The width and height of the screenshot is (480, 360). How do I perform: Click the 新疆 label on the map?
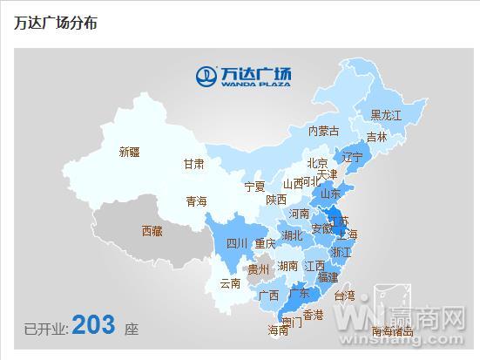click(129, 152)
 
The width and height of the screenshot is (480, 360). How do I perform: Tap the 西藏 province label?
click(152, 231)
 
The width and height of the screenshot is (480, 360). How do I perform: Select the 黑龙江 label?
click(386, 115)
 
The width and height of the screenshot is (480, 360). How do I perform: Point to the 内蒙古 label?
click(323, 132)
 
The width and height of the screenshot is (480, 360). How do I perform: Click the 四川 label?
click(237, 243)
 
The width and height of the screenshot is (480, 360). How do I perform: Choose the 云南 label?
click(230, 283)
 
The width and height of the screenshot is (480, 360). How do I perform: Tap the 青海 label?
click(196, 201)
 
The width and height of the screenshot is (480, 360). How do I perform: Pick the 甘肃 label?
click(193, 164)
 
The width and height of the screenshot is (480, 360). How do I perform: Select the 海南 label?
click(278, 330)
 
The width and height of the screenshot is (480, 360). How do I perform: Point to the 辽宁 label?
click(352, 158)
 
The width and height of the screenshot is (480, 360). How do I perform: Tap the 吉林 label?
click(376, 137)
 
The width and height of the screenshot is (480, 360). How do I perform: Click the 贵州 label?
click(259, 269)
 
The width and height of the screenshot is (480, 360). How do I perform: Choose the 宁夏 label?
click(254, 187)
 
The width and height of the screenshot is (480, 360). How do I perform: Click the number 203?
click(93, 325)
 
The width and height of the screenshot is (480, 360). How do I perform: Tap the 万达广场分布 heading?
click(56, 23)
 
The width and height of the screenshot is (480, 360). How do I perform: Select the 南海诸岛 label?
click(399, 331)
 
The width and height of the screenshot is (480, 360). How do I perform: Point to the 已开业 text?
click(44, 329)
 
